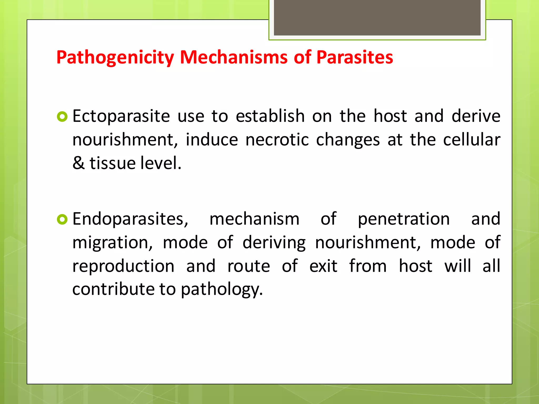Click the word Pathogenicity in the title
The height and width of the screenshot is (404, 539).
click(x=115, y=57)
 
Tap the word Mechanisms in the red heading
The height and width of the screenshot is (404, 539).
click(x=234, y=57)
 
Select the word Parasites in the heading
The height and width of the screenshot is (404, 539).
click(x=355, y=57)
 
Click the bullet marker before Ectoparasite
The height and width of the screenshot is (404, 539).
click(x=62, y=117)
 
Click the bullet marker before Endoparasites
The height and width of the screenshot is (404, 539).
click(x=62, y=219)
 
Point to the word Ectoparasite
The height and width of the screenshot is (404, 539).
click(x=121, y=116)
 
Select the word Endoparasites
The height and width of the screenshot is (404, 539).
click(x=130, y=219)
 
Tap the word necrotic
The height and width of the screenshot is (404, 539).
click(x=277, y=140)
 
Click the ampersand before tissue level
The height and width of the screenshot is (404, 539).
click(x=78, y=163)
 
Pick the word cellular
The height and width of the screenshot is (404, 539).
click(x=472, y=140)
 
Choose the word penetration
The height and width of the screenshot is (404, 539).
click(x=404, y=219)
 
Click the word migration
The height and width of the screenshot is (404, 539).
click(x=112, y=243)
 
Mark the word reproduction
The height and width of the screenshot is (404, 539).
click(x=123, y=266)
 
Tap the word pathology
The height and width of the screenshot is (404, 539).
click(x=222, y=290)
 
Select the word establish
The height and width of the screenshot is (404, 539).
click(x=270, y=116)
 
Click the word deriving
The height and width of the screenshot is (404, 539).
click(x=274, y=243)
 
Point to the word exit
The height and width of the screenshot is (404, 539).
click(x=323, y=266)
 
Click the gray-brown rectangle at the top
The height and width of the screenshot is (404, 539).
click(x=377, y=17)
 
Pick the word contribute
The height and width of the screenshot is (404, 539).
click(x=113, y=289)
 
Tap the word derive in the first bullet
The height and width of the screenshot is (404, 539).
click(x=476, y=116)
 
